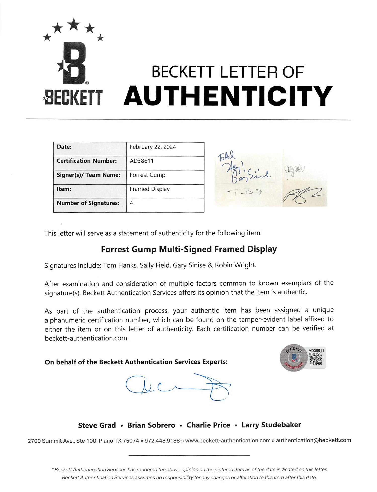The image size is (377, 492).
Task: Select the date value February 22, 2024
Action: (x=153, y=147)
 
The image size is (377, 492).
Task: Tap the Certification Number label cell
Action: (x=87, y=161)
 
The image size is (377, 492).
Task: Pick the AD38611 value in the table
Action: (x=142, y=161)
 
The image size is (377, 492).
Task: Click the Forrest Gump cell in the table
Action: (x=148, y=175)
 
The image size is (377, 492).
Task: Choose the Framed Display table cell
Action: (x=150, y=189)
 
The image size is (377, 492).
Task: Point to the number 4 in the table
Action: (x=131, y=203)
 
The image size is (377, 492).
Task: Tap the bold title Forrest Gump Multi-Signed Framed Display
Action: (x=189, y=249)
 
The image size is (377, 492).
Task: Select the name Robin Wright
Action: (x=235, y=265)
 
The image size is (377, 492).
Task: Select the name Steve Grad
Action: (x=97, y=425)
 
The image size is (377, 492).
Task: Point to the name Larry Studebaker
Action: (x=271, y=425)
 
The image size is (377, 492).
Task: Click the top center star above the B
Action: (x=74, y=24)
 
